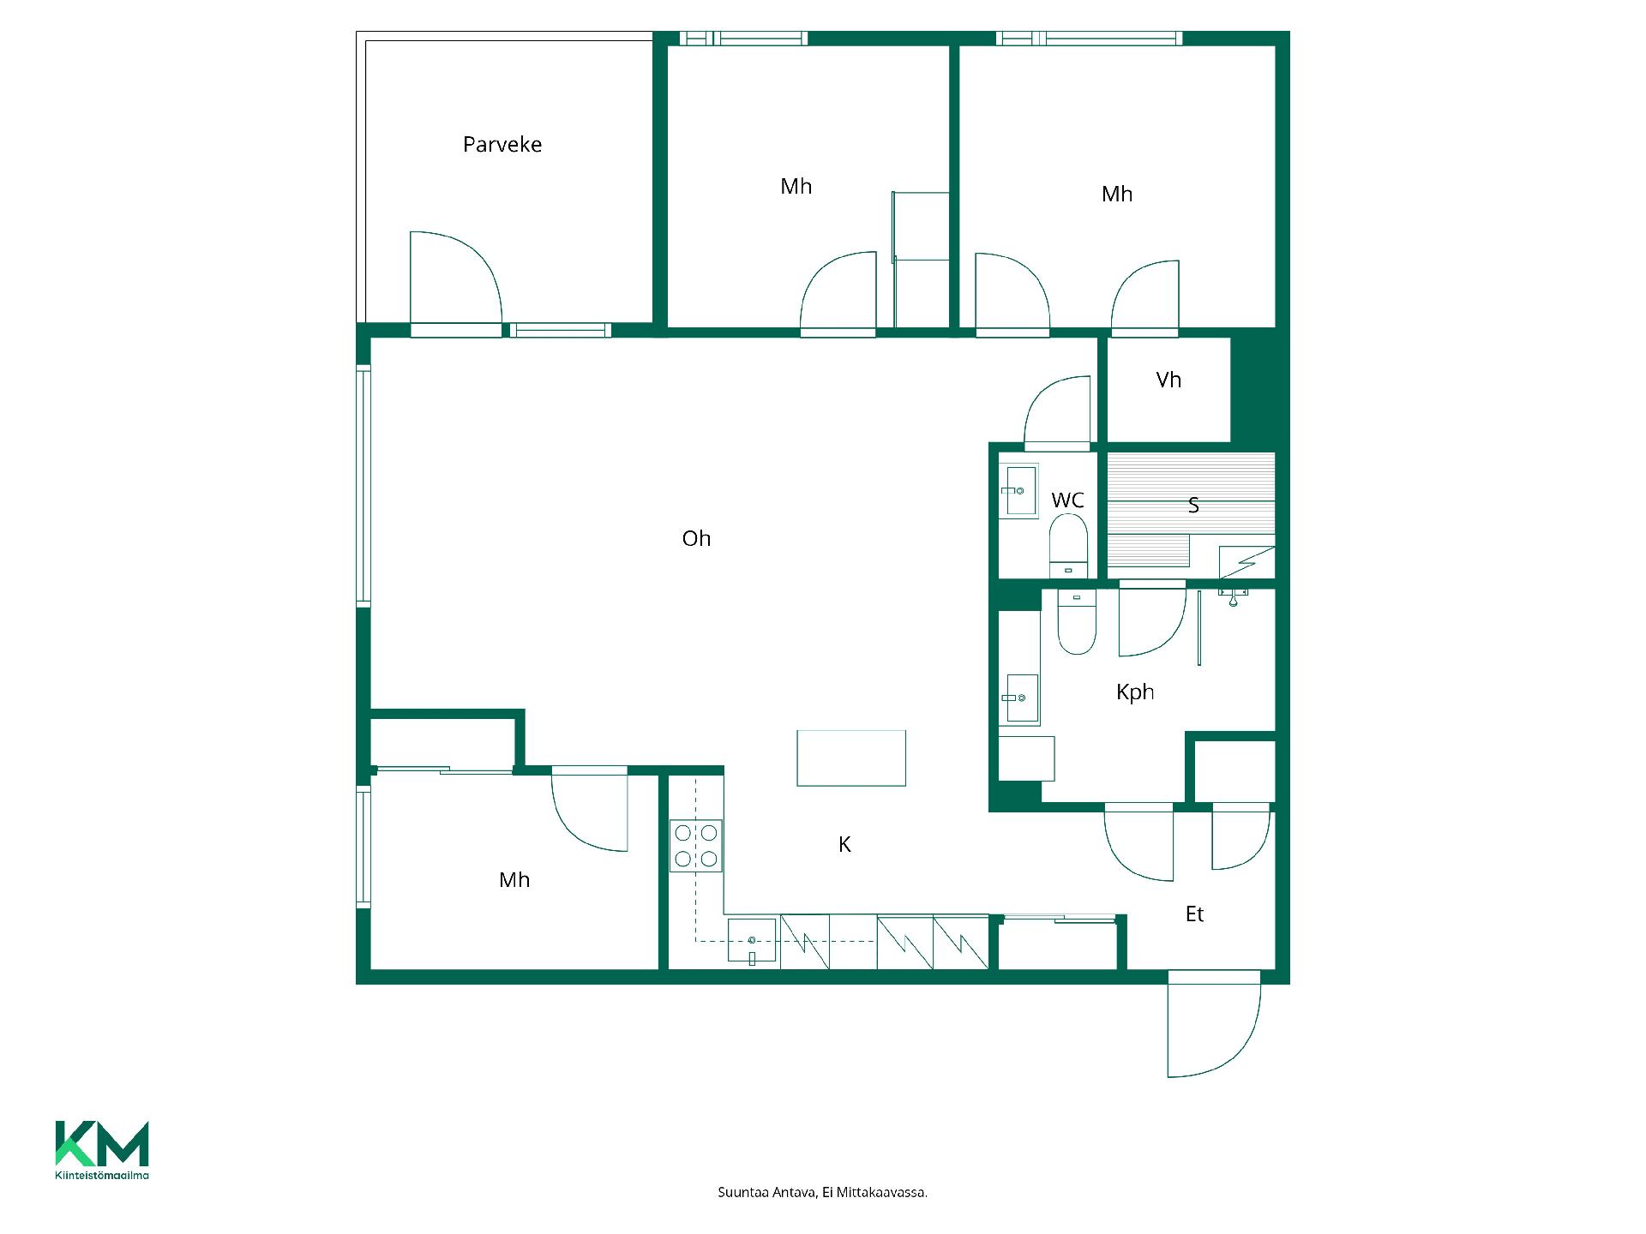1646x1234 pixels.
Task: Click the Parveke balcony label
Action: [x=502, y=144]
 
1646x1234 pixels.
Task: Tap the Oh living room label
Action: [x=696, y=538]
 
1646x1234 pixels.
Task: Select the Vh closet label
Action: [x=1168, y=380]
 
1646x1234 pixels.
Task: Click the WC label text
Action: [x=1067, y=500]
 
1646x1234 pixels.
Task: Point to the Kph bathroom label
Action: [x=1135, y=692]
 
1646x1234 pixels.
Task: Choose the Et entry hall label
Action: [x=1194, y=914]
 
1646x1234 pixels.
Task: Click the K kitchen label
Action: [x=844, y=845]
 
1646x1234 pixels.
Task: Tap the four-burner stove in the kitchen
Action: [x=696, y=846]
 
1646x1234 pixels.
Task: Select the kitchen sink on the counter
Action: [x=752, y=941]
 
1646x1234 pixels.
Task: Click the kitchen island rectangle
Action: [x=851, y=758]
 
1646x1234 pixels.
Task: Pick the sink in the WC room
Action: [x=1018, y=490]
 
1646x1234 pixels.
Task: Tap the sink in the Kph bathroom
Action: [x=1018, y=698]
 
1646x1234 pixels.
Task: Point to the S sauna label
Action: [x=1193, y=506]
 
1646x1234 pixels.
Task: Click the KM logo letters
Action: [x=102, y=1143]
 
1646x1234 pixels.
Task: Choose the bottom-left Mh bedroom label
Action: [x=514, y=880]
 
